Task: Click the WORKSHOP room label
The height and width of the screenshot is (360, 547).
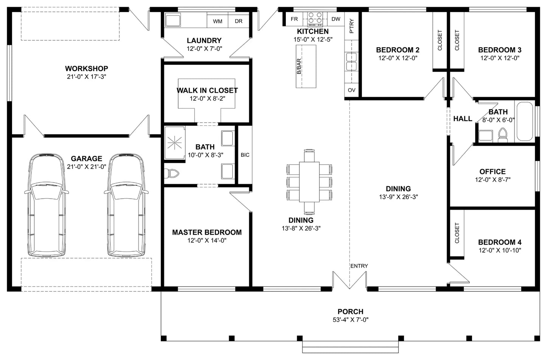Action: point(86,69)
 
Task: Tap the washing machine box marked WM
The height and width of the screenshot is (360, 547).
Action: point(217,20)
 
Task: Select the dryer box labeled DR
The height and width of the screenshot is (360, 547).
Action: point(238,20)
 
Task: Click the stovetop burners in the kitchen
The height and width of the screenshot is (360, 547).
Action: point(315,19)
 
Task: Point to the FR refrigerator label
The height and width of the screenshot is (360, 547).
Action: point(294,19)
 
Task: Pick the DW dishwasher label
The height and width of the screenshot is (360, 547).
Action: point(336,19)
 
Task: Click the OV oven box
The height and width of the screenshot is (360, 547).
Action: point(351,90)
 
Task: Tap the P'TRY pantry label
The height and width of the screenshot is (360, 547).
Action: point(351,26)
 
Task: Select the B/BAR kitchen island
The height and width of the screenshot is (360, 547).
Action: point(306,66)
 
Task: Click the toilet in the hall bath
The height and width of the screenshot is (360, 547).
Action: point(503,135)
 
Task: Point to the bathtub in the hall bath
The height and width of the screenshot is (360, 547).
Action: point(525,122)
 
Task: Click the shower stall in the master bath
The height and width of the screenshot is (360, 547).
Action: point(175,142)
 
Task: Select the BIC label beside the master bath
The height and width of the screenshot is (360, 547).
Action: point(245,155)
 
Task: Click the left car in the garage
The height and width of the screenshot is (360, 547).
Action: point(47,205)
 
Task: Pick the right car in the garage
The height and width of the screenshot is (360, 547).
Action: point(126,205)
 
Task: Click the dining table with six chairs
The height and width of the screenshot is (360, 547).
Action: point(309,182)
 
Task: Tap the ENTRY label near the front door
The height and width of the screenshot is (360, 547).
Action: point(359,266)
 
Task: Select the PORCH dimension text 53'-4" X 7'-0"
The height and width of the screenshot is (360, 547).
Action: point(351,320)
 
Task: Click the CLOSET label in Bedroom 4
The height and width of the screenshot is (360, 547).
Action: point(457,233)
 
